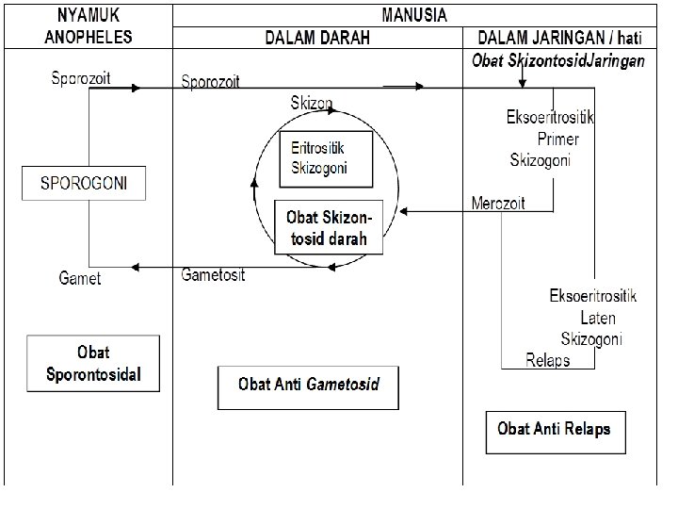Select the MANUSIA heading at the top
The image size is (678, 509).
(x=414, y=15)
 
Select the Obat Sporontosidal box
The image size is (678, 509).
(x=93, y=363)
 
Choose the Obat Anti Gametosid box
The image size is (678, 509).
(x=308, y=385)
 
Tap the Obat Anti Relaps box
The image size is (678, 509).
(x=554, y=429)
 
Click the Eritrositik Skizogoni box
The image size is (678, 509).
(x=327, y=157)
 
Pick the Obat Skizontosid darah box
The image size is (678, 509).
(x=331, y=227)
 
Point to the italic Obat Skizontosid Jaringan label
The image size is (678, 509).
(x=558, y=60)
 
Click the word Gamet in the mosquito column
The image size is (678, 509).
(x=79, y=278)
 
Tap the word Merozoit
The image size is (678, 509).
(x=498, y=203)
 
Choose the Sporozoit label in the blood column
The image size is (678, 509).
(x=210, y=81)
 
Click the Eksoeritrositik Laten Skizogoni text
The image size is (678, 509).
(x=592, y=318)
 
